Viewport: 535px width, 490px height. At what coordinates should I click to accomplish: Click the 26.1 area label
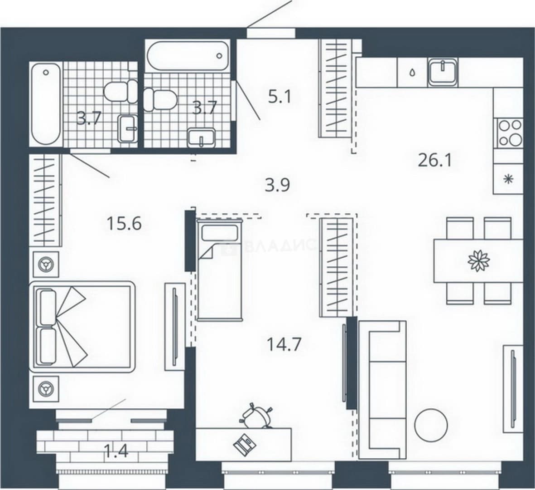click(435, 160)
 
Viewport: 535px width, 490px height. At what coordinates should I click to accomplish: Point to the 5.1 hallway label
click(279, 97)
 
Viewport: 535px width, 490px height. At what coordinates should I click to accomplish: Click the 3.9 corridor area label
click(277, 186)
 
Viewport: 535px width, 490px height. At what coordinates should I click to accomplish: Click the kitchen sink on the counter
click(443, 72)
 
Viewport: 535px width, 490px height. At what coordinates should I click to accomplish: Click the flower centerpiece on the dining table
click(479, 261)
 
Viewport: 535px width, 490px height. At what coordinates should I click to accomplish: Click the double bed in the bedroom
click(82, 327)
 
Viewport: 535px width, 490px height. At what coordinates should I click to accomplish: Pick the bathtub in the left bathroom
click(46, 104)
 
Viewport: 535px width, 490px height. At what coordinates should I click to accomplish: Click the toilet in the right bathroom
click(159, 99)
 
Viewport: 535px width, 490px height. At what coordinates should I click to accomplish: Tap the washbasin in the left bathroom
click(128, 128)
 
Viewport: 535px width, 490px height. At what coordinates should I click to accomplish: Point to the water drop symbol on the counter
click(412, 72)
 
